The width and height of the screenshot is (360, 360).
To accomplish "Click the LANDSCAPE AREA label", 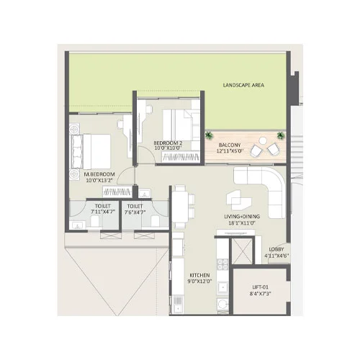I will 243,85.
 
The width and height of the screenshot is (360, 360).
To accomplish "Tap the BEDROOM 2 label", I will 168,143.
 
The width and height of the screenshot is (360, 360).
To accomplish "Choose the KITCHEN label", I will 200,276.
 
